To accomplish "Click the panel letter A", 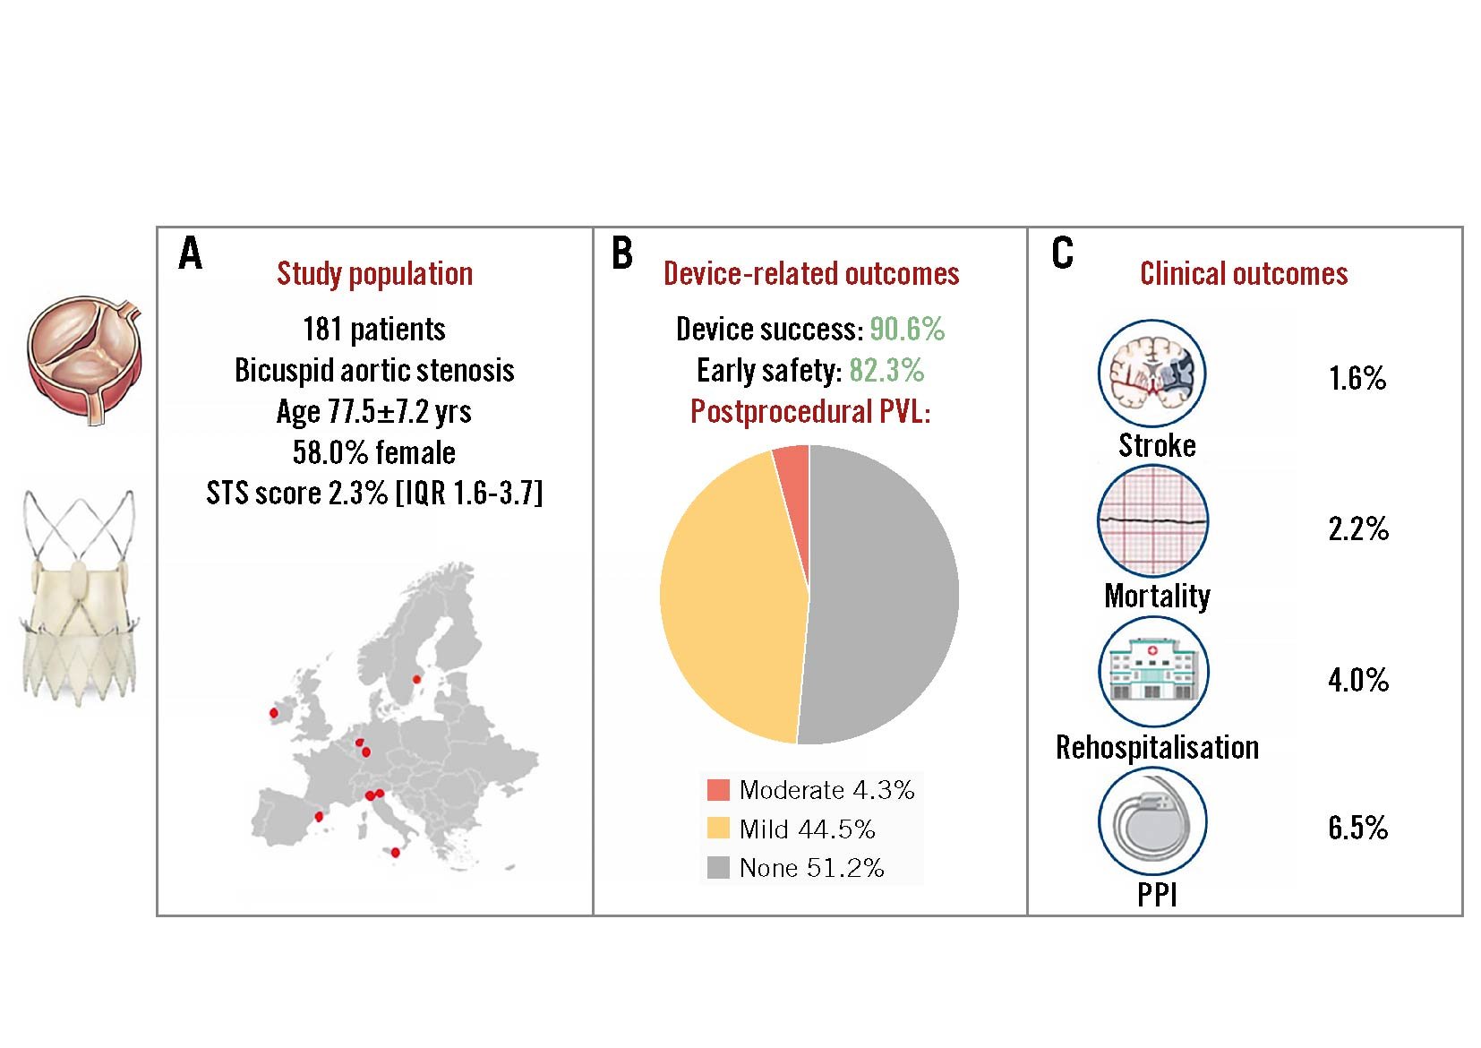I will pos(190,253).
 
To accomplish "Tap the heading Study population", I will pos(374,273).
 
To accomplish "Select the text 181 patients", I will pos(374,329).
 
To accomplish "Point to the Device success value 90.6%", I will pos(907,329).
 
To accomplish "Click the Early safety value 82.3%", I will pos(886,370).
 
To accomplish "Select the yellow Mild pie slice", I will pos(725,600).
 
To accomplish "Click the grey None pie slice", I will pos(886,591).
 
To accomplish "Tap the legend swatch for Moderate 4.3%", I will pos(718,789).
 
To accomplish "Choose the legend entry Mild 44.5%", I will pos(806,829).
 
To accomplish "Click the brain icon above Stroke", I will pos(1152,374).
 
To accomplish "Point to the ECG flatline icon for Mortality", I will pos(1152,520).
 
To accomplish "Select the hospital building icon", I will pos(1152,671).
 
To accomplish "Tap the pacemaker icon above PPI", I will pos(1152,821).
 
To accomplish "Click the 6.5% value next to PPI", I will pos(1357,827).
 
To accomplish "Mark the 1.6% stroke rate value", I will pos(1357,378).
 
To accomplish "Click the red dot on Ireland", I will pos(274,713).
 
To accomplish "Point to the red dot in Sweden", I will pos(416,679).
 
